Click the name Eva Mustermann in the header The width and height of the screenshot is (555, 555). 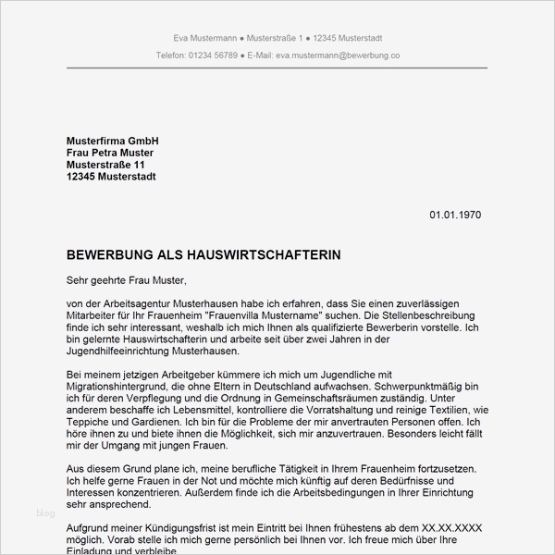tap(204, 38)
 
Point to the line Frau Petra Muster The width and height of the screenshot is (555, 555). tap(110, 152)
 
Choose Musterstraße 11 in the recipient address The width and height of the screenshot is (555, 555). tap(106, 164)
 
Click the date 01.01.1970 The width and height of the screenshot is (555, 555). tap(455, 215)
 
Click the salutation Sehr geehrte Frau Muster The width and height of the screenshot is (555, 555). tap(127, 278)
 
